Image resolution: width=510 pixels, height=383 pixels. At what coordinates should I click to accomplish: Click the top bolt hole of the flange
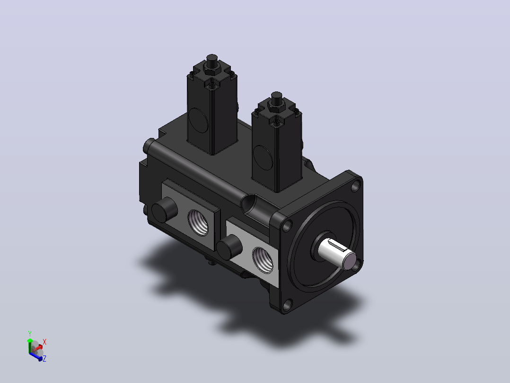[x=355, y=186]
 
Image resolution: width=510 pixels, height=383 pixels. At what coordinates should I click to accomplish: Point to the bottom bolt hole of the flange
[x=287, y=305]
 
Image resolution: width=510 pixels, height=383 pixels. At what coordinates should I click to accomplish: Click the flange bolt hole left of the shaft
[x=287, y=226]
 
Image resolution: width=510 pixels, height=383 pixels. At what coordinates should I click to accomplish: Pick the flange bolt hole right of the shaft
[x=358, y=264]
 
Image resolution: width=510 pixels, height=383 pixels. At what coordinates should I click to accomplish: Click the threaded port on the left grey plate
[x=198, y=222]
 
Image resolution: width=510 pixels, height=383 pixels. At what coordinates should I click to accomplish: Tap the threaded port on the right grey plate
[x=263, y=260]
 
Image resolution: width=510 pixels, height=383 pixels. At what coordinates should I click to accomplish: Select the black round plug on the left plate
[x=165, y=210]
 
